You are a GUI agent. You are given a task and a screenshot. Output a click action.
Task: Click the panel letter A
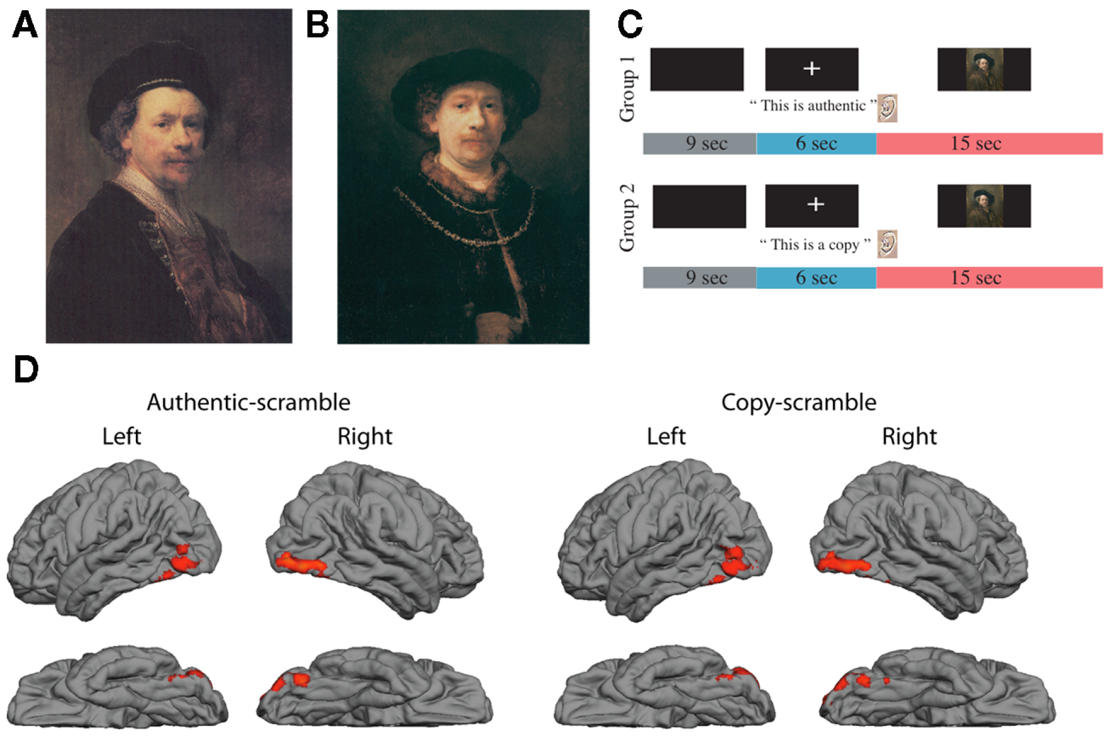(25, 25)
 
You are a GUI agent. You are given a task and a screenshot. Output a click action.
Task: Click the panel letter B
(318, 25)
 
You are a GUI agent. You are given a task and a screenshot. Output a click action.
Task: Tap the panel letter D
(26, 369)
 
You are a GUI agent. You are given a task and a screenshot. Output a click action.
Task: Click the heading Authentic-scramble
(249, 402)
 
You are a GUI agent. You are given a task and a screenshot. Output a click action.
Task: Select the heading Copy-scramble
(799, 402)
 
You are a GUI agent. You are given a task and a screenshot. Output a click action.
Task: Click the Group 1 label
(627, 90)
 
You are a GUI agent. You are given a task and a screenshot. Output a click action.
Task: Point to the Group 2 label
(627, 218)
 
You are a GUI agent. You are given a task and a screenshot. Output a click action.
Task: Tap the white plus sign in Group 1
(812, 69)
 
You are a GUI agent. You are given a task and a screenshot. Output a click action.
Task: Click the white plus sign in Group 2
(816, 204)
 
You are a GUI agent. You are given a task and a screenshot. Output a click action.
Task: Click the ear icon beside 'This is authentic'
(887, 108)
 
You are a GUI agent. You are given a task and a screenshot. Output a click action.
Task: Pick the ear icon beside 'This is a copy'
(887, 244)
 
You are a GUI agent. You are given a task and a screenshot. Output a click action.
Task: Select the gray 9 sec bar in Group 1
(699, 143)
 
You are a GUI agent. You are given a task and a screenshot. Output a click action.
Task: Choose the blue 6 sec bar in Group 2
(816, 278)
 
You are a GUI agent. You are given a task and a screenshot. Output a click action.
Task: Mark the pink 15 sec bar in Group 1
(989, 143)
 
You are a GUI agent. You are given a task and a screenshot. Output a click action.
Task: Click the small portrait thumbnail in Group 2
(984, 206)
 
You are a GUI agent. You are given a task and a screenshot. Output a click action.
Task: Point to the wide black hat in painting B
(464, 79)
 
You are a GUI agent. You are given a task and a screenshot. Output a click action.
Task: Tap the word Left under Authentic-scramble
(122, 436)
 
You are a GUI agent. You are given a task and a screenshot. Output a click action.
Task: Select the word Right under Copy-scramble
(910, 436)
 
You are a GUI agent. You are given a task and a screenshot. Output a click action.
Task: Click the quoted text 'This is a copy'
(815, 244)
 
